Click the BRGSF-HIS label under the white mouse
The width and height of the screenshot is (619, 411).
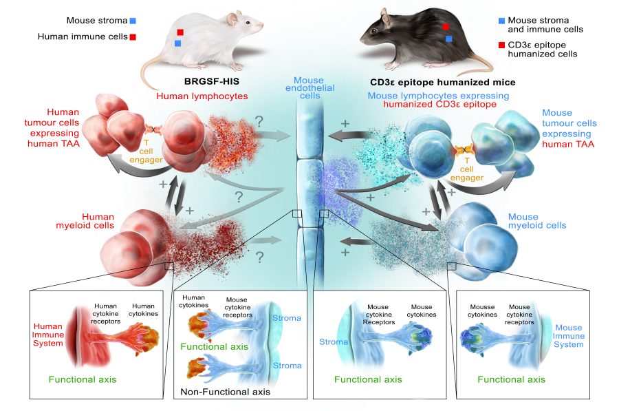[212, 82]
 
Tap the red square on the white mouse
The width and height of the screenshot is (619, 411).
[180, 32]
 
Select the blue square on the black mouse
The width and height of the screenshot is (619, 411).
[448, 39]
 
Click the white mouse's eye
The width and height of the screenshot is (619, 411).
[248, 23]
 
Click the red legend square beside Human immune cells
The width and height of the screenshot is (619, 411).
[133, 37]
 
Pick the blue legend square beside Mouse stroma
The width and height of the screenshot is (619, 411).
[133, 21]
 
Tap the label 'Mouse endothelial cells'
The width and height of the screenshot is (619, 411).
[310, 87]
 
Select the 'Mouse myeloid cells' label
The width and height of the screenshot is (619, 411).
[537, 221]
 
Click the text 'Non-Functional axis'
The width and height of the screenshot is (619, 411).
[226, 392]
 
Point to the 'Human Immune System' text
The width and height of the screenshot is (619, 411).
[48, 335]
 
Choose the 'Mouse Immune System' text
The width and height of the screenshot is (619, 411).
[569, 336]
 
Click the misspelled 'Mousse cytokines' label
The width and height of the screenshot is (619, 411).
[482, 310]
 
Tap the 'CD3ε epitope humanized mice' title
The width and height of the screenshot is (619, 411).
[442, 82]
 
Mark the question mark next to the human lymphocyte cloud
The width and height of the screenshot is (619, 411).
[259, 121]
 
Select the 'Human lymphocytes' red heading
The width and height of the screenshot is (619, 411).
[202, 96]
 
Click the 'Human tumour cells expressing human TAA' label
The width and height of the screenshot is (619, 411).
[52, 127]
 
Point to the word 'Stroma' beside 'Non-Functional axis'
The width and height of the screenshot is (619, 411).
[287, 366]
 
